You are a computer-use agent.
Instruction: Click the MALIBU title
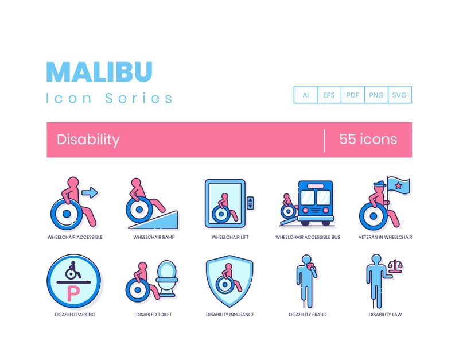[99, 72]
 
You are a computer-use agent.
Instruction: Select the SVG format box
[400, 95]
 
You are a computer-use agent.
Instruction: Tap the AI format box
[306, 95]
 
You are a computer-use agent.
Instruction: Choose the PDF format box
[353, 95]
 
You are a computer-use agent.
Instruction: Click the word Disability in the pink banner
[88, 140]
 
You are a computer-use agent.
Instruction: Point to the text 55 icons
[368, 139]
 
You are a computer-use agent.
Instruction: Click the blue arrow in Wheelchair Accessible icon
[90, 192]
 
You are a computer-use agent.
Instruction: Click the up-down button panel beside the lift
[250, 203]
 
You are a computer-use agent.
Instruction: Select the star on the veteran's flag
[398, 185]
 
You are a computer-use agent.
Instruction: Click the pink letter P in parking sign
[73, 294]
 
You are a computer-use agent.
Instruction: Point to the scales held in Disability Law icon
[395, 266]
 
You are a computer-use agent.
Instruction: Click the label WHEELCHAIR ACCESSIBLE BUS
[308, 237]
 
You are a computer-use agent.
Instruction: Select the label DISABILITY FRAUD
[308, 315]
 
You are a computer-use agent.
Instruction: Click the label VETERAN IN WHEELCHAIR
[385, 237]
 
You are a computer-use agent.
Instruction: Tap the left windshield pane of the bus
[308, 198]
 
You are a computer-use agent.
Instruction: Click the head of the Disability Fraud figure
[306, 260]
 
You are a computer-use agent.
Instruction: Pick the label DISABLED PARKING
[75, 315]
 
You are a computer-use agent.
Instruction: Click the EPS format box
[329, 95]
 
